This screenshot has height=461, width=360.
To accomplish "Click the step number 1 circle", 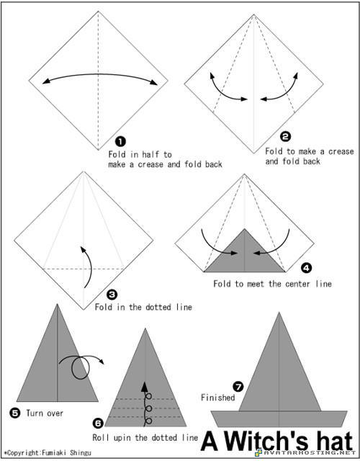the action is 120,142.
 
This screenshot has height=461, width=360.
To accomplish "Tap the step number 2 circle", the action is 285,136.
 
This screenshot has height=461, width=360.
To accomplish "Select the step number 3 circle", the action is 112,294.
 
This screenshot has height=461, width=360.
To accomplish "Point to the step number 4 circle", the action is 307,268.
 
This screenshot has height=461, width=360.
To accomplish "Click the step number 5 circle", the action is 14,413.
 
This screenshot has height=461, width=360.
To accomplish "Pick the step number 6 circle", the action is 98,424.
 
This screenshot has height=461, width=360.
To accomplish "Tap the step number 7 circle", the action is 238,386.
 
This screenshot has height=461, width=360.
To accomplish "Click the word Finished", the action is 218,398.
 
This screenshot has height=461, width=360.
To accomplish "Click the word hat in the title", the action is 332,442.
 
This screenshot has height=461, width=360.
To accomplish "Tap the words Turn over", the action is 45,413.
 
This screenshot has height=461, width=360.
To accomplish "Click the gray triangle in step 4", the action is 245,256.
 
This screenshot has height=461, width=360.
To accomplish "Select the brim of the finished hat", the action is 279,419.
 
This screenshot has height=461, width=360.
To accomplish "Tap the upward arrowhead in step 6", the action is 145,387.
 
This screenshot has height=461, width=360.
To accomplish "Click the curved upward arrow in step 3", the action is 91,266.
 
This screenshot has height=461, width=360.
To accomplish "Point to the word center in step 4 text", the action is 295,284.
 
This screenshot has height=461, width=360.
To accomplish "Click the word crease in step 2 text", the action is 341,152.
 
